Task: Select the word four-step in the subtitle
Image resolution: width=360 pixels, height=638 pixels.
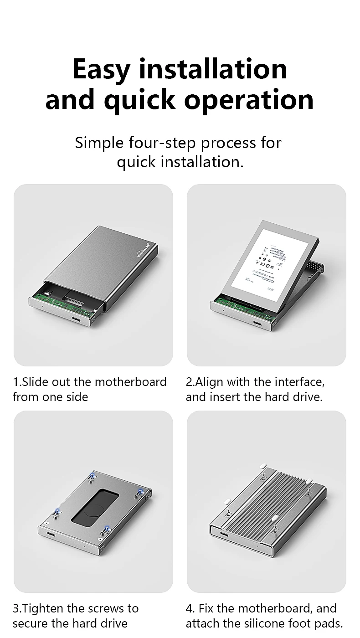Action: tap(162, 143)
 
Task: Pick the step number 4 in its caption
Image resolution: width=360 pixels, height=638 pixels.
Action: tap(189, 608)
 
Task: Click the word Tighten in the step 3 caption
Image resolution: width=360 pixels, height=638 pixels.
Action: tap(43, 608)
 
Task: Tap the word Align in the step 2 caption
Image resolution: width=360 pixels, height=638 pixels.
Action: tap(210, 381)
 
